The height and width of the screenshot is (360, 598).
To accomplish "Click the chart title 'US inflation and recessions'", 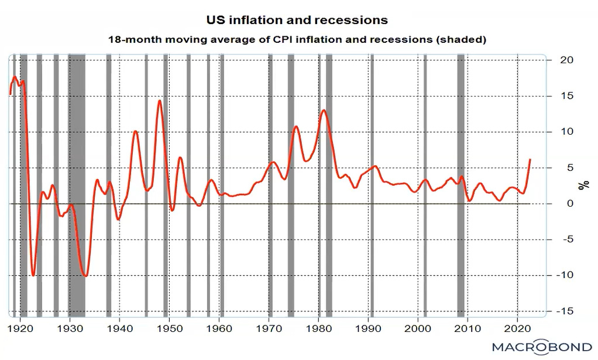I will (x=297, y=20).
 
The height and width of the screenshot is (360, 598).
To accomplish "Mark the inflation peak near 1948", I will (x=159, y=101).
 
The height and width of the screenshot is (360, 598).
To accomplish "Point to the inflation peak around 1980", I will (x=324, y=110).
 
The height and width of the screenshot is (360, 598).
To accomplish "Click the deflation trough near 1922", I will (x=33, y=275).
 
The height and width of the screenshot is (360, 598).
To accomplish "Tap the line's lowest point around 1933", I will (x=86, y=276).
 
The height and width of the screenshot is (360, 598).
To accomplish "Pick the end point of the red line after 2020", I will (x=530, y=159).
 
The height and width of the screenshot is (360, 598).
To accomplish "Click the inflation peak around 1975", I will (x=296, y=126).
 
